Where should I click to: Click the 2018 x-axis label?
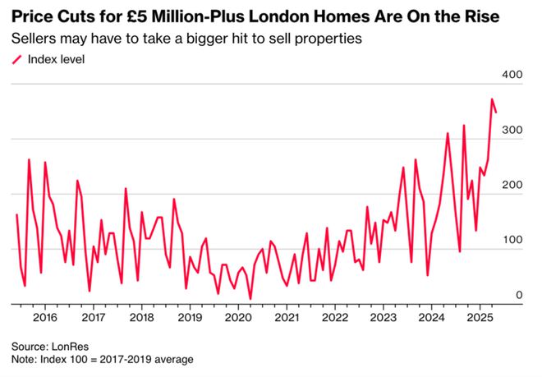141,317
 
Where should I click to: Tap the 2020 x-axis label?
238,317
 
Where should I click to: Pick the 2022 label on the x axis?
335,317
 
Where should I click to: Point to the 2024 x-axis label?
432,317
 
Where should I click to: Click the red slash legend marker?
16,59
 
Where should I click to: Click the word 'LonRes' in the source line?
67,346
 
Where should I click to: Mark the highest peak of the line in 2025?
492,99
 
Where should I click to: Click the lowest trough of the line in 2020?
250,298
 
